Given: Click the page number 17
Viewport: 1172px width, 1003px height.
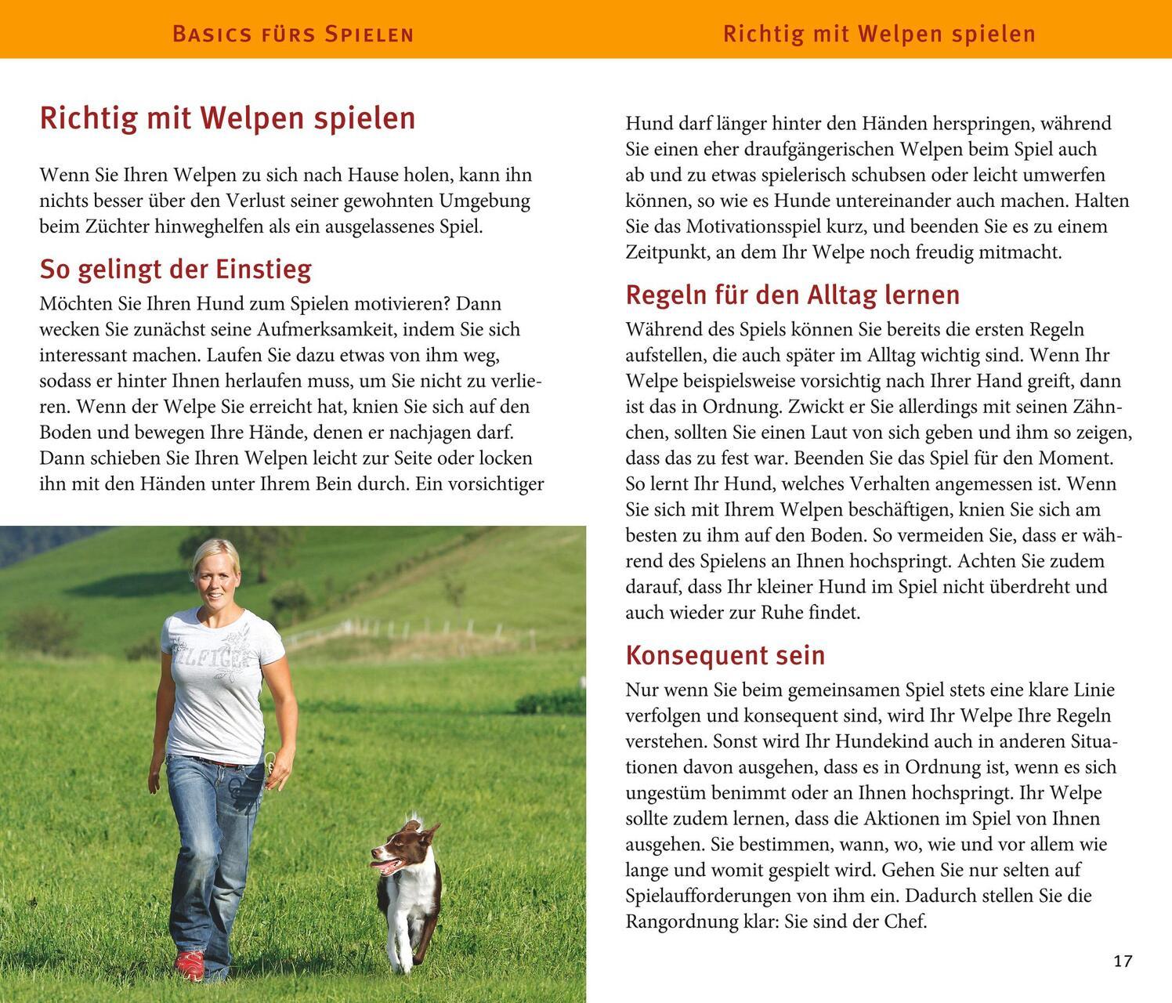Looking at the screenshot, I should click(1123, 961).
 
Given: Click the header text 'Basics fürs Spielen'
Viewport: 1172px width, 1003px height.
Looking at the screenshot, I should click(292, 34).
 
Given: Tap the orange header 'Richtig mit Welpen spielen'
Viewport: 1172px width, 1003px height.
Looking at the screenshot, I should click(879, 34).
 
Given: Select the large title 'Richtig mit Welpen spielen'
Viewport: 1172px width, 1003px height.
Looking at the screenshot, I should click(227, 118).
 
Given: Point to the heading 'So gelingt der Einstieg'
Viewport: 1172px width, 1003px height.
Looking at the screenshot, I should click(175, 269).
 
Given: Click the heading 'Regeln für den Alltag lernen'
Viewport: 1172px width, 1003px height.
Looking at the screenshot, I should click(792, 295).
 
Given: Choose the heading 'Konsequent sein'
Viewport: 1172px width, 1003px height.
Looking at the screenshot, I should click(725, 654).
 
